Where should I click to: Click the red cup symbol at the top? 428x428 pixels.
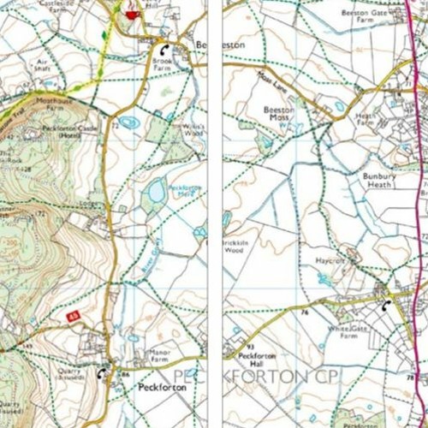coord(131,14)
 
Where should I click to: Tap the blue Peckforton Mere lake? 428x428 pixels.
coord(157,192)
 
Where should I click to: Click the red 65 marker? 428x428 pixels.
coord(74,317)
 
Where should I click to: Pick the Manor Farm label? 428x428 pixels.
coord(161,354)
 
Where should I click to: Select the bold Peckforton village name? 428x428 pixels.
coord(163,388)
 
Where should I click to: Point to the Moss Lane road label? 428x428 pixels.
coord(269,82)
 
